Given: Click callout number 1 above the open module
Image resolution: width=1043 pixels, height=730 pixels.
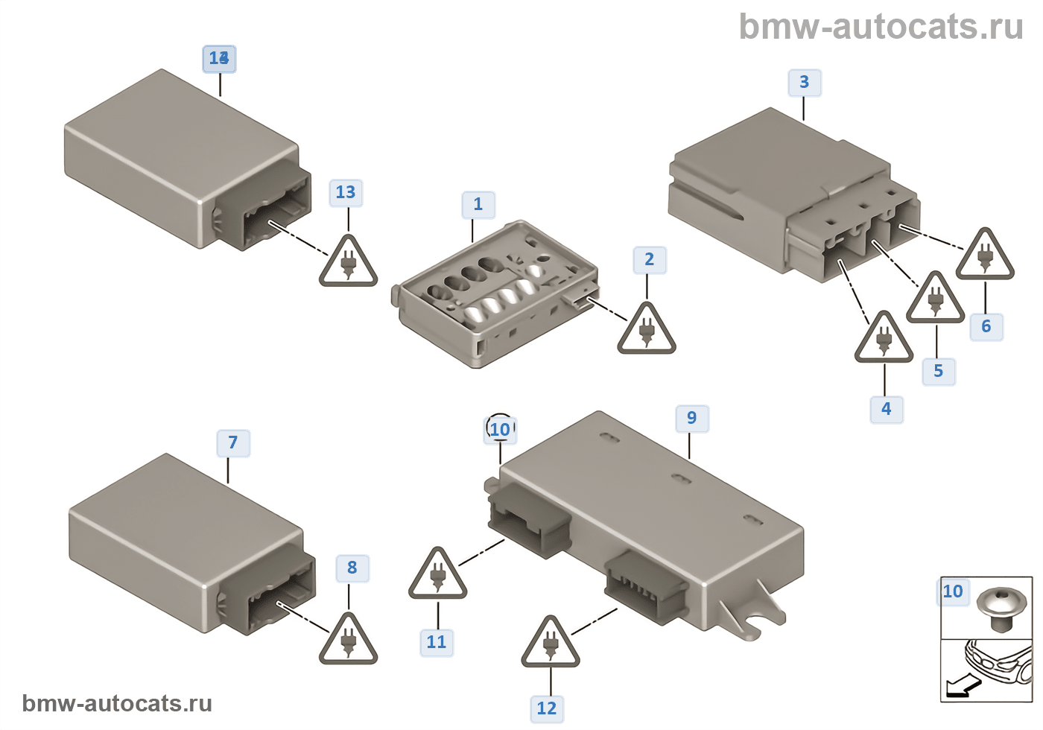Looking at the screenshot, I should [x=478, y=204].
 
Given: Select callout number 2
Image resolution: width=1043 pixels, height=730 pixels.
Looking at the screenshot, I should [x=649, y=259].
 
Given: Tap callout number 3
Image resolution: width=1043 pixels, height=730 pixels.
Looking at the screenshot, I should [x=804, y=82].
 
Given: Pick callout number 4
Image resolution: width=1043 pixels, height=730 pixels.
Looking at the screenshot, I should [x=886, y=409].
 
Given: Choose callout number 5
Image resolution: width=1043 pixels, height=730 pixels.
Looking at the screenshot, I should [x=938, y=371].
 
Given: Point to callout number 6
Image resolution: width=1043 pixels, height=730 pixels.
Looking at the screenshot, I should [x=986, y=326].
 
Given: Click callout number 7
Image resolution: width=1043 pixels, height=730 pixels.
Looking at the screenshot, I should [x=233, y=443].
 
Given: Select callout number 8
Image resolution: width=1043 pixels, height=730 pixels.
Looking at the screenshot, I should [x=352, y=568].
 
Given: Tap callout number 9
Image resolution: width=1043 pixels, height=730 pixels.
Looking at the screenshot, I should [x=691, y=418].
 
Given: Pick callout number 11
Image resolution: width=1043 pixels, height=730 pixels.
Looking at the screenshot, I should [x=436, y=642].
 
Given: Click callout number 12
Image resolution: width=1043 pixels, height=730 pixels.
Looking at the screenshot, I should [x=546, y=708].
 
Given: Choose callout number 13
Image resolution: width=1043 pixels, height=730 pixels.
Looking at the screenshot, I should [x=345, y=192].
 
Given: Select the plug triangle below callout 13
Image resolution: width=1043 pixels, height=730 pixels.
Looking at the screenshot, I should [x=348, y=263].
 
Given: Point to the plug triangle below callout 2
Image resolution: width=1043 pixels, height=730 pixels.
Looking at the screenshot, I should [x=647, y=330].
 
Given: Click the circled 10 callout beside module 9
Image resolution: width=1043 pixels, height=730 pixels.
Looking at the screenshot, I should [x=500, y=429].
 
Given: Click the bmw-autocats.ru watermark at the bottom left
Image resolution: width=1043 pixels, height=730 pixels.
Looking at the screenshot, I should [x=117, y=703].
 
